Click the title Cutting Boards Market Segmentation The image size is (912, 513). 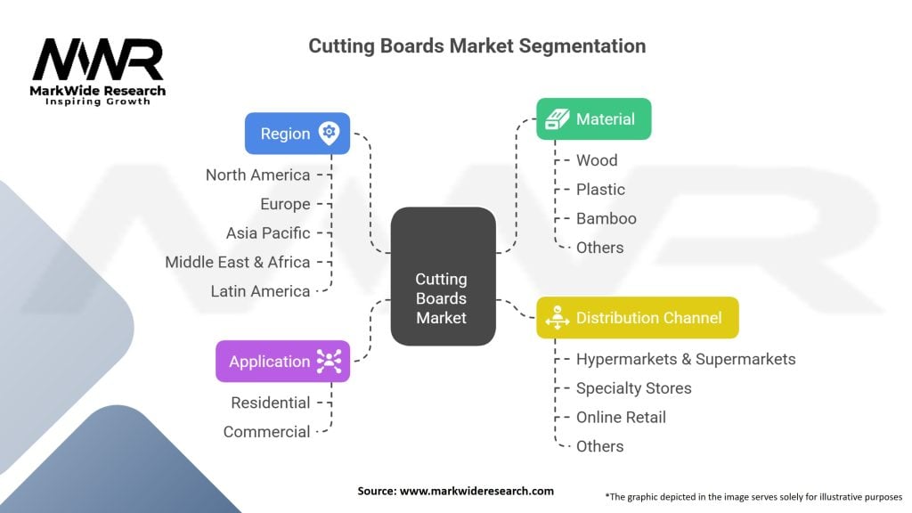pyautogui.click(x=476, y=45)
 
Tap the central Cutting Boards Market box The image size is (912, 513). pyautogui.click(x=443, y=276)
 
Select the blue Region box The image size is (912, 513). pyautogui.click(x=297, y=134)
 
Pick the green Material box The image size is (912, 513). pyautogui.click(x=593, y=118)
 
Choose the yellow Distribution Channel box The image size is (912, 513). pyautogui.click(x=637, y=317)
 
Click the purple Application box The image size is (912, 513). pyautogui.click(x=282, y=361)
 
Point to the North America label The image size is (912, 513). pyautogui.click(x=257, y=175)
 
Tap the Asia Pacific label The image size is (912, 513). pyautogui.click(x=268, y=232)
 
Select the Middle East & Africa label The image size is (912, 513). pyautogui.click(x=237, y=262)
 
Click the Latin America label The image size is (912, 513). pyautogui.click(x=260, y=291)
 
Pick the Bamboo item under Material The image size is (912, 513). pyautogui.click(x=606, y=218)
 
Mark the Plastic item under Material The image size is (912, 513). pyautogui.click(x=600, y=189)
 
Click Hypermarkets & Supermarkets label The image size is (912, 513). pyautogui.click(x=685, y=359)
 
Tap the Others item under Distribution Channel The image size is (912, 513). pyautogui.click(x=599, y=446)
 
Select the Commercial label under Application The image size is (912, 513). pyautogui.click(x=266, y=432)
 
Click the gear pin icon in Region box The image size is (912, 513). pyautogui.click(x=330, y=133)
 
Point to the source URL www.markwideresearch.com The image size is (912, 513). pyautogui.click(x=456, y=491)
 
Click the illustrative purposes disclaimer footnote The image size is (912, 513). pyautogui.click(x=753, y=496)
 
